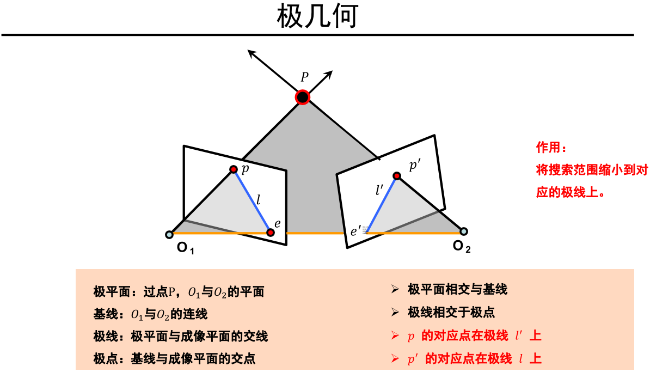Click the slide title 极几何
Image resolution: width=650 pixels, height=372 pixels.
pyautogui.click(x=317, y=17)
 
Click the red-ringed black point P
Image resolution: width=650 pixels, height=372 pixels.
pyautogui.click(x=303, y=97)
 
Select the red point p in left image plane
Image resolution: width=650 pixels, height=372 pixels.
pyautogui.click(x=234, y=169)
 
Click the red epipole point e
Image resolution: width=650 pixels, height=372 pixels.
pyautogui.click(x=271, y=233)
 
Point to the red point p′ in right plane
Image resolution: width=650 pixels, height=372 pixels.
pyautogui.click(x=397, y=176)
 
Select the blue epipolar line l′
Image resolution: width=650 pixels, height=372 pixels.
pyautogui.click(x=382, y=204)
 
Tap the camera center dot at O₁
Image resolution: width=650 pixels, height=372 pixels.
pyautogui.click(x=169, y=235)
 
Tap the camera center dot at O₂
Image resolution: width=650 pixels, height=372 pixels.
pyautogui.click(x=463, y=231)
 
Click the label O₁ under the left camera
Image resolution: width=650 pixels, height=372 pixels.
pyautogui.click(x=186, y=249)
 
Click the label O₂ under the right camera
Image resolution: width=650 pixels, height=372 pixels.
pyautogui.click(x=462, y=247)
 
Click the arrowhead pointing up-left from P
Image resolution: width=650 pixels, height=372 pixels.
pyautogui.click(x=251, y=52)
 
